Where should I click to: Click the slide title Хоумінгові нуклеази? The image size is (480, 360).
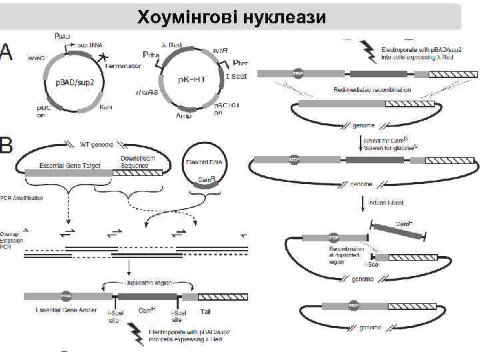coord(231,17)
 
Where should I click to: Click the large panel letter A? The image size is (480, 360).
coord(7,51)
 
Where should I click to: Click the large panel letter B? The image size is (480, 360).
coord(7,145)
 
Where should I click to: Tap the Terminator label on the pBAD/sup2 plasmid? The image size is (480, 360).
coord(121,66)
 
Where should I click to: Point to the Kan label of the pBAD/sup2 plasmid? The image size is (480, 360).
coord(105,106)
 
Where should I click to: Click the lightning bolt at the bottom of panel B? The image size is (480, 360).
coord(137,329)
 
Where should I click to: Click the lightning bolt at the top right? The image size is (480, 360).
coord(367,48)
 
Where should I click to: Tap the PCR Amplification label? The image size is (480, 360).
coord(22,198)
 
